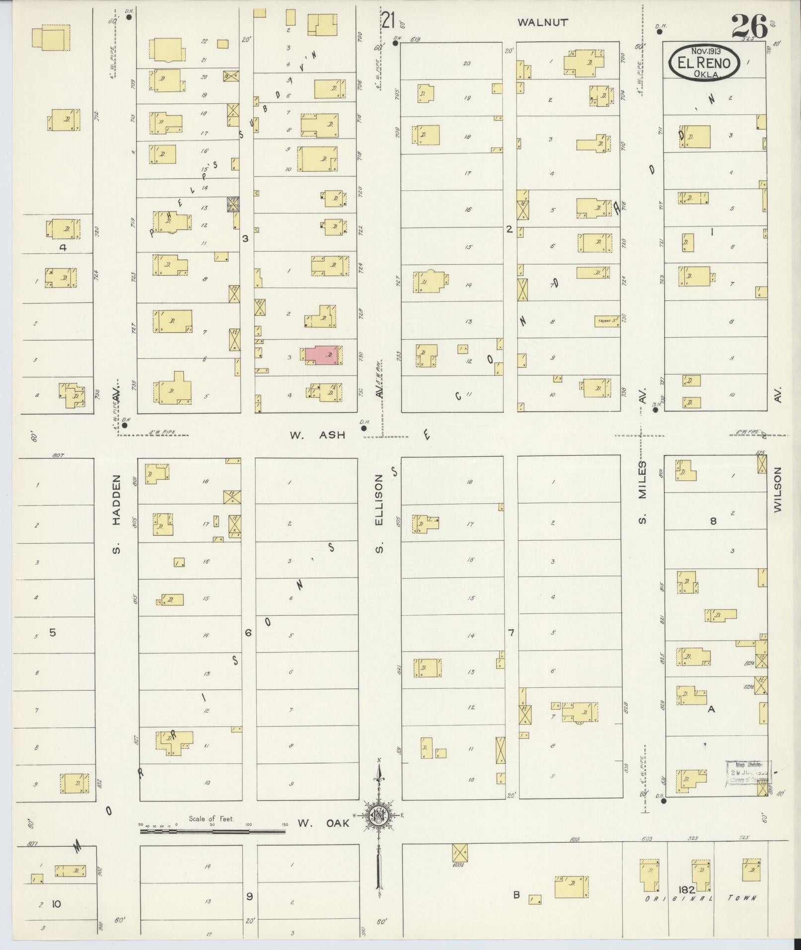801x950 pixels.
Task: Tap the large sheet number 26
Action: [749, 27]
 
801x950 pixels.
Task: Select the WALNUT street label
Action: [542, 22]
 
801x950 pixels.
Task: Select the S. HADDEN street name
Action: [116, 514]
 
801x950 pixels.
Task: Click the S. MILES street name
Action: [642, 492]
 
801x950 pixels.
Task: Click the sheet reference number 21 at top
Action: [388, 21]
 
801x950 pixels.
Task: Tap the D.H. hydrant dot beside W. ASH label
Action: [364, 428]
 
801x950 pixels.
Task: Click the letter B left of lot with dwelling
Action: [516, 895]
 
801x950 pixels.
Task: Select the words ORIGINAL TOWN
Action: [700, 898]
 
